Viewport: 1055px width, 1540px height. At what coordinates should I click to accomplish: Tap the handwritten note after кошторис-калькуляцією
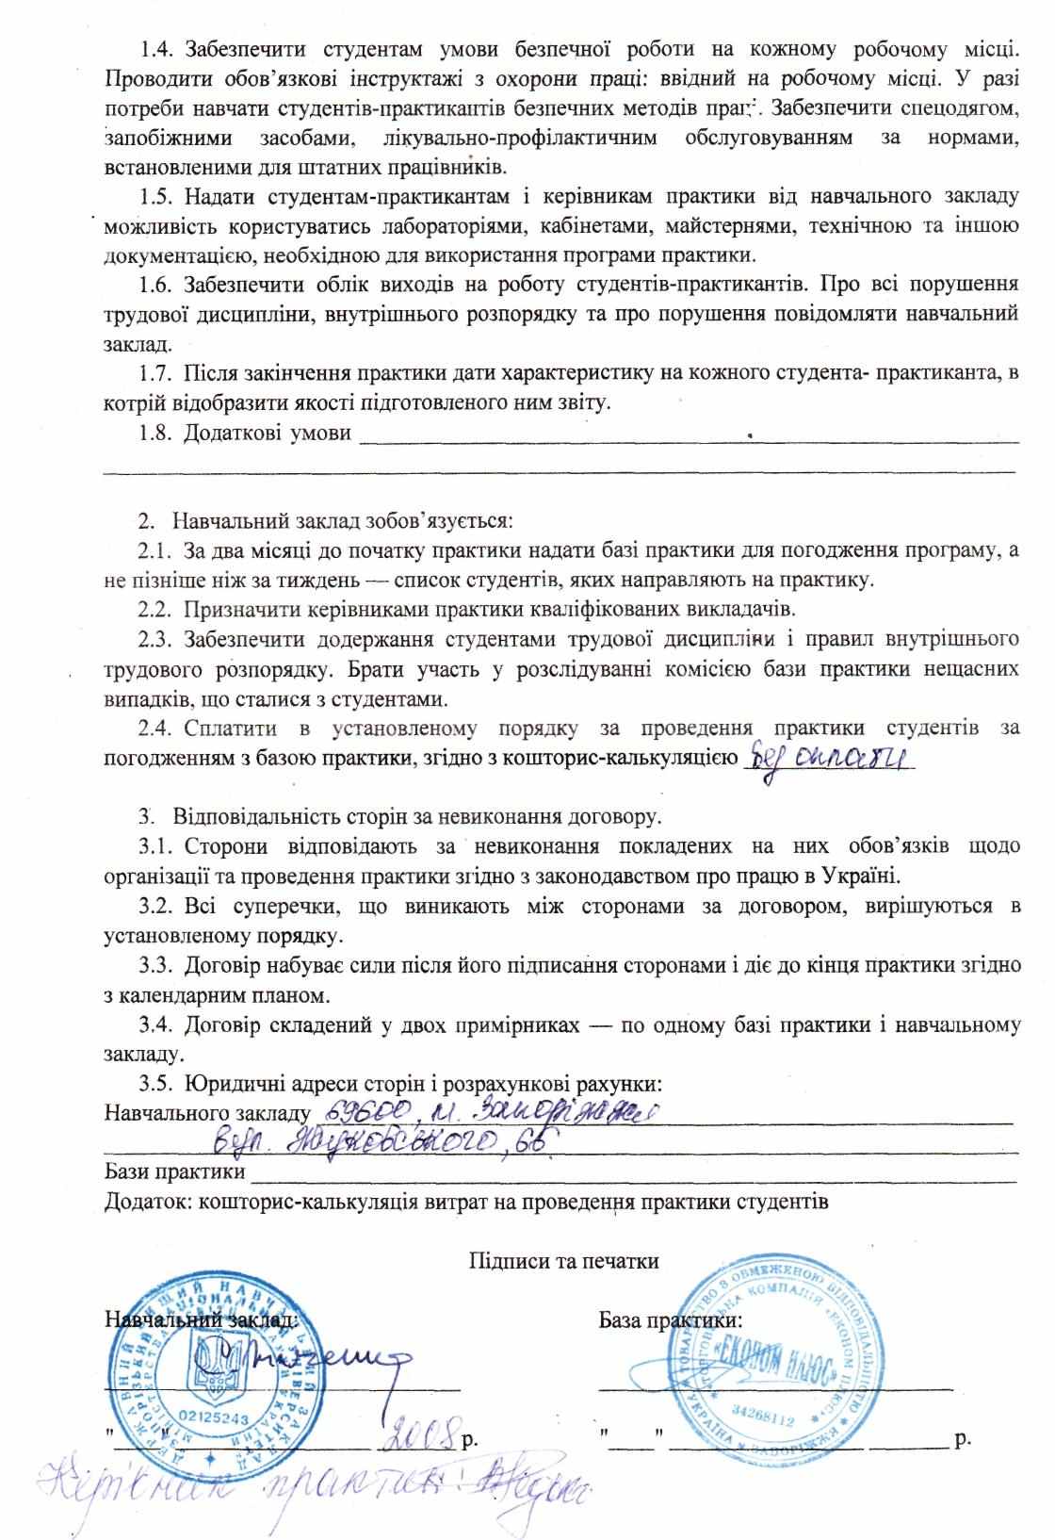click(829, 757)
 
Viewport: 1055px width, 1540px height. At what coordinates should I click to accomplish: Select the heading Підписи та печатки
click(563, 1261)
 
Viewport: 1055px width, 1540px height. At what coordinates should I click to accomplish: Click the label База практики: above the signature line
click(671, 1319)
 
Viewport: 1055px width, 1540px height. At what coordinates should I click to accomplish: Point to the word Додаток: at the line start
click(149, 1203)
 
